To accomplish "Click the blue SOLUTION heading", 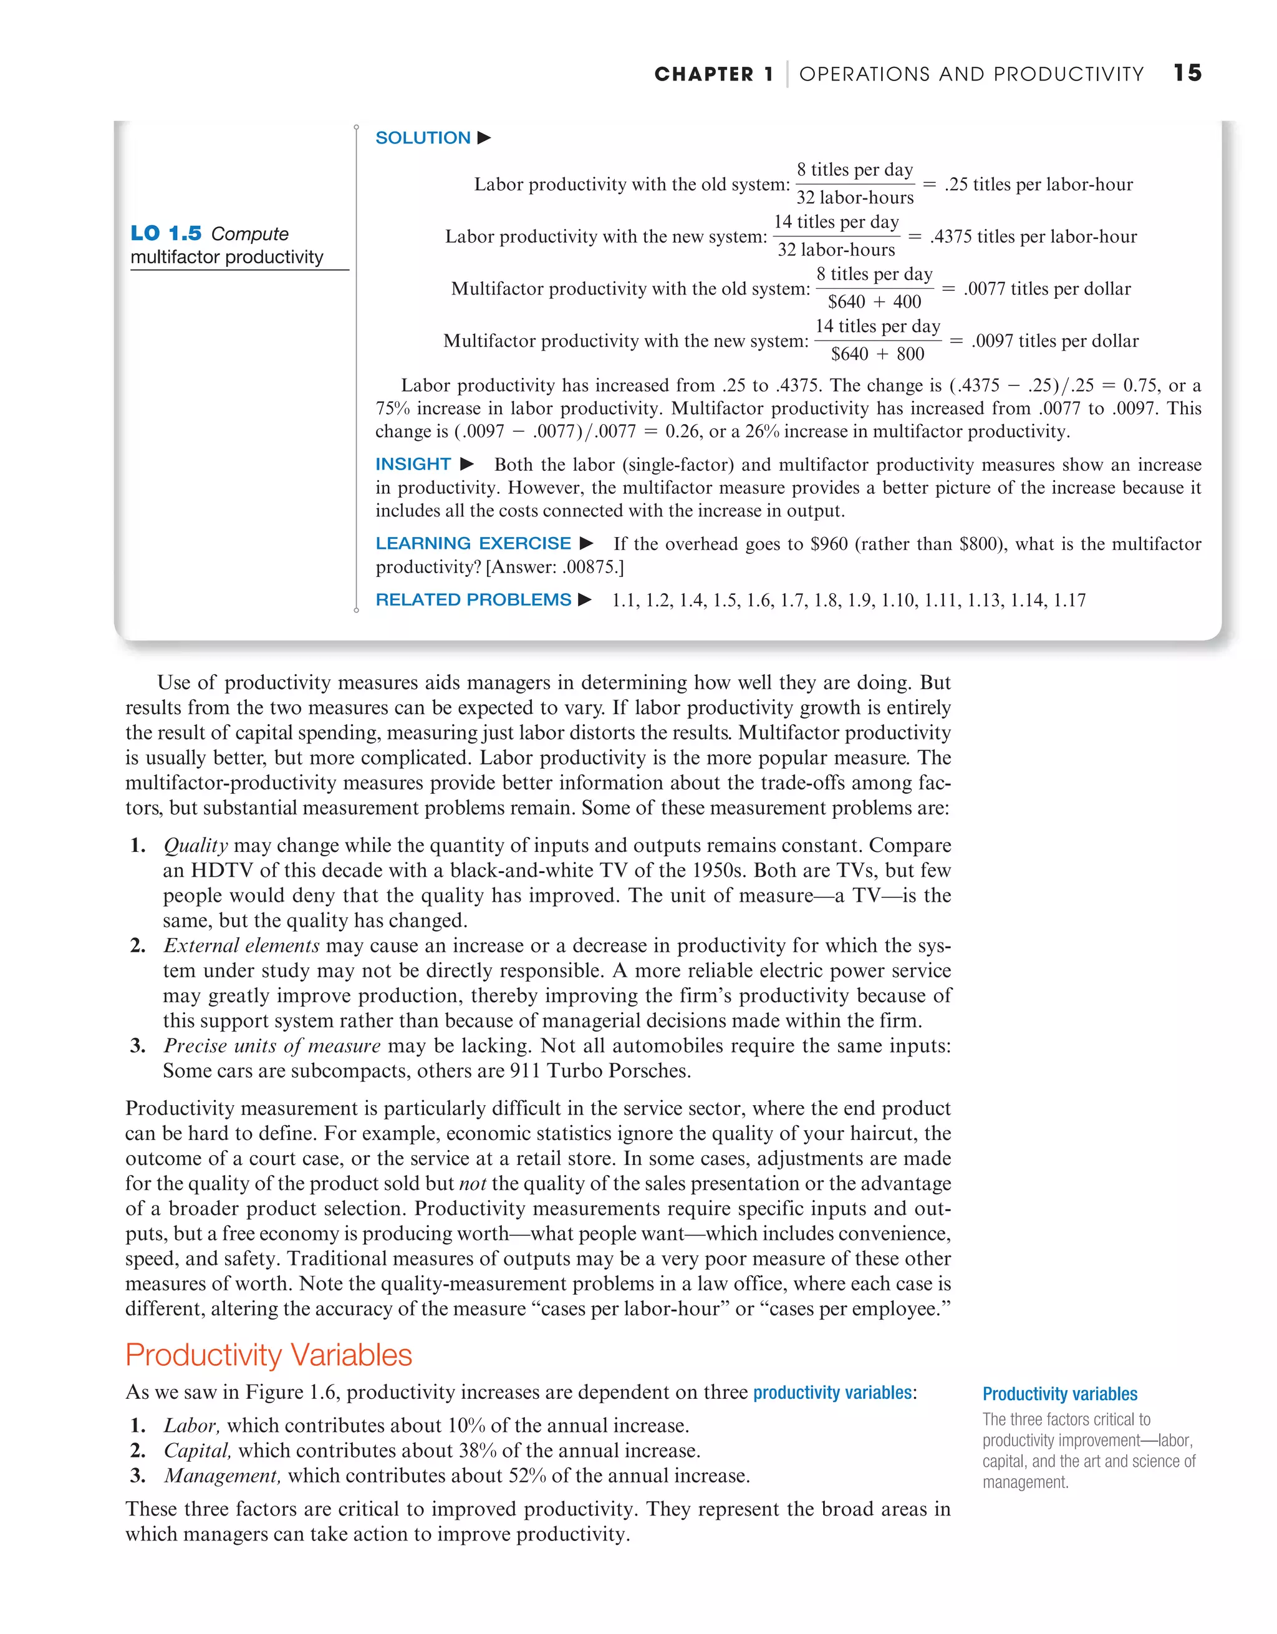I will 423,138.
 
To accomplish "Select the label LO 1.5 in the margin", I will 166,233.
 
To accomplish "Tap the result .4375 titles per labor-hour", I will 1033,236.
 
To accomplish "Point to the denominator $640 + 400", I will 874,301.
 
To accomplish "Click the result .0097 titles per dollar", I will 1055,341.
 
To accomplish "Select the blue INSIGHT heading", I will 413,464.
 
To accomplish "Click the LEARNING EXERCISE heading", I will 473,543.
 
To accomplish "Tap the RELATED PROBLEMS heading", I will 473,600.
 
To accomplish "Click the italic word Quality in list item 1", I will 195,846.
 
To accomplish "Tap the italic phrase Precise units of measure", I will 272,1046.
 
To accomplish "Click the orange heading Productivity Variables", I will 269,1355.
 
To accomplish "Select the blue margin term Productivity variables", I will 1059,1394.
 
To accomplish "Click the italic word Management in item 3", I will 222,1476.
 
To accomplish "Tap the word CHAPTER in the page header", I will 703,74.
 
